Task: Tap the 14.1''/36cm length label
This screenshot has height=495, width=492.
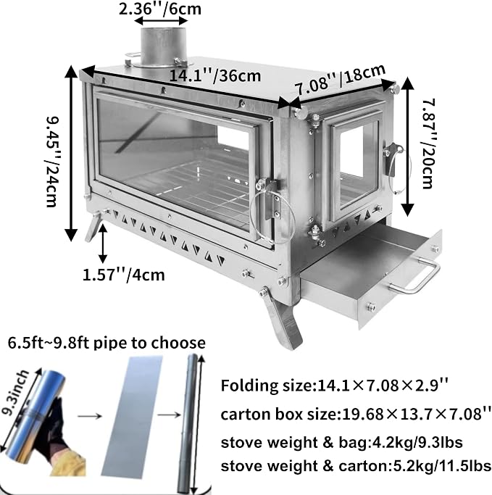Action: pyautogui.click(x=215, y=76)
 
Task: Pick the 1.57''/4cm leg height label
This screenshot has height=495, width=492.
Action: pyautogui.click(x=124, y=275)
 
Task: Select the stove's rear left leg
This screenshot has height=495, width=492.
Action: pyautogui.click(x=94, y=226)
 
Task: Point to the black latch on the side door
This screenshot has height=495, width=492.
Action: pyautogui.click(x=391, y=159)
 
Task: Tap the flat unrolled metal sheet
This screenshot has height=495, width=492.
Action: pyautogui.click(x=132, y=415)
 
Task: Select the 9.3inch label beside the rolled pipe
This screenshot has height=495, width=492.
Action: pyautogui.click(x=15, y=394)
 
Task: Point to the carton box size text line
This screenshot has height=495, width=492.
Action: pyautogui.click(x=356, y=414)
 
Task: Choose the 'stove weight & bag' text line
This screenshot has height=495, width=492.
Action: pyautogui.click(x=341, y=443)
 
